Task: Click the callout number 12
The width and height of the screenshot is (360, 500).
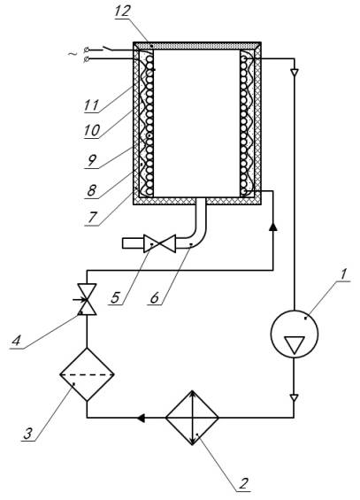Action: point(123,12)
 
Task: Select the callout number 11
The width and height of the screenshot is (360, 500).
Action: point(91,105)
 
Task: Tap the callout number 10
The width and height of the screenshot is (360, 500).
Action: point(92,130)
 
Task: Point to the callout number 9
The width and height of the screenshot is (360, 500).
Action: point(92,160)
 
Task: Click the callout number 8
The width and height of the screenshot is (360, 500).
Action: point(91,190)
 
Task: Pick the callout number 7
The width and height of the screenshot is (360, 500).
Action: point(92,218)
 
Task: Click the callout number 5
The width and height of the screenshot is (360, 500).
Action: point(115,297)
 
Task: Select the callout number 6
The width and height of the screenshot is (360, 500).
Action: point(155,297)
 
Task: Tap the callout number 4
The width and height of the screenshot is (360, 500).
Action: point(16,341)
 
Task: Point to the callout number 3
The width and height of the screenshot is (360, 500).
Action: point(28,434)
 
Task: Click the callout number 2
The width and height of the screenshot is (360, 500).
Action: point(243,484)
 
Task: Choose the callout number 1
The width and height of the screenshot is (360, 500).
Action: point(343,274)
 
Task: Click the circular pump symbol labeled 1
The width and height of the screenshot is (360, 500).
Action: point(294,334)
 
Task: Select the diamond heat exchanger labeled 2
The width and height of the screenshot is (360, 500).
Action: point(192,418)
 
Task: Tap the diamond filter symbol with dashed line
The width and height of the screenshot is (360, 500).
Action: point(87,374)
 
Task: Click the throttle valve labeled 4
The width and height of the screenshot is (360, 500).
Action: point(87,299)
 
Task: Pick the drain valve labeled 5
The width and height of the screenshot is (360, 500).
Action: point(159,243)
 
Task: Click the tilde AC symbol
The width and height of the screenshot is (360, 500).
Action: point(73,54)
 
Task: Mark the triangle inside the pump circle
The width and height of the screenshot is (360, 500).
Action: point(295,345)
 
